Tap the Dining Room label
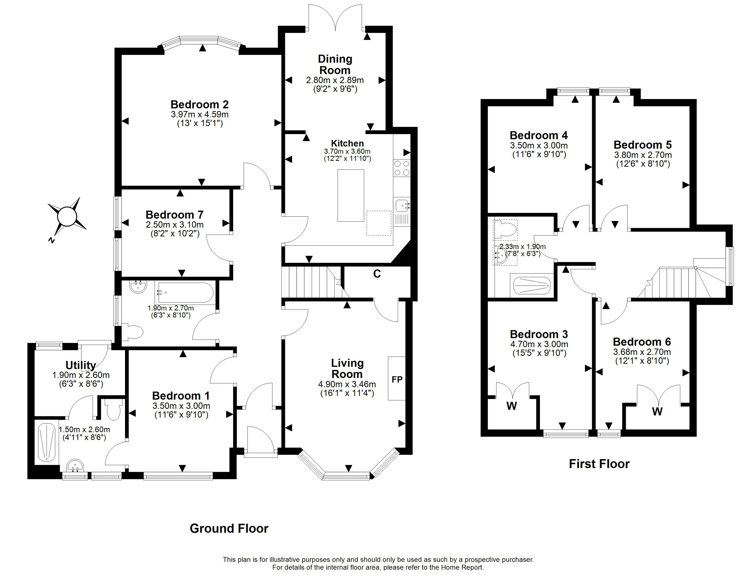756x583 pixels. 335,64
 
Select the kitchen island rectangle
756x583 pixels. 351,195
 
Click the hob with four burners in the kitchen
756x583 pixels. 402,168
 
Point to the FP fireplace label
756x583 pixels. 397,379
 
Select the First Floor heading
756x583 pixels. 599,464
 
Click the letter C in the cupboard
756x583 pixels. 377,274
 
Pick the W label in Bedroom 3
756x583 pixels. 512,406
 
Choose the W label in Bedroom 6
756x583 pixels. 657,412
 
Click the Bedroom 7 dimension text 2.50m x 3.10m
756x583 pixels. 175,224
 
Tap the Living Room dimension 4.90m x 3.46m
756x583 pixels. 347,384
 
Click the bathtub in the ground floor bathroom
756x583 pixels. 186,293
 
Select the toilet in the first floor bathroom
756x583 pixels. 506,230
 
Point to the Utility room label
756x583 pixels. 81,365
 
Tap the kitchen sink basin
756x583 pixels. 402,206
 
